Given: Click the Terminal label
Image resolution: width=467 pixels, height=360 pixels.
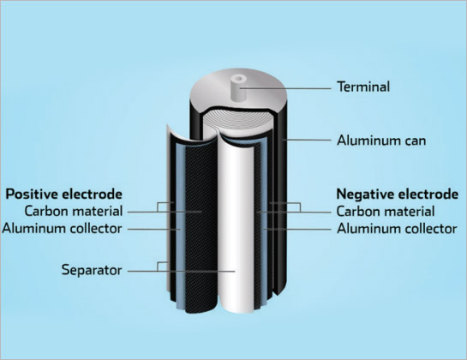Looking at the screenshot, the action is [363, 87].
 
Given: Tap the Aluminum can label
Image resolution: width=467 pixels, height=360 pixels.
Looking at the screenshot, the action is [381, 141].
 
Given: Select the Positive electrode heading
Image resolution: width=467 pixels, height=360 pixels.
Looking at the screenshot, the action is [63, 194].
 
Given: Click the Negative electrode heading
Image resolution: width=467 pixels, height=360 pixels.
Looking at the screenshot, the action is [398, 194].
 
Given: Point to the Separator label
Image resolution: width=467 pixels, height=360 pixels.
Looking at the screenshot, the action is [92, 270].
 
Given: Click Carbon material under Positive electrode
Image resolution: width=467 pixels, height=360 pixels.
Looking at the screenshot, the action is [74, 211].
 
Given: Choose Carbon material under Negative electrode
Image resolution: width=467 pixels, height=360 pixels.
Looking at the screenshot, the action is [386, 212].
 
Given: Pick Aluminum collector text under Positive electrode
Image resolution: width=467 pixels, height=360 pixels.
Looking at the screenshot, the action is [62, 229].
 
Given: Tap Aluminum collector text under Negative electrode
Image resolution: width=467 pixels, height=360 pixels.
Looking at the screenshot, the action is [397, 229].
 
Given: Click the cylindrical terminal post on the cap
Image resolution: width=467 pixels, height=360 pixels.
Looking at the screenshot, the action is [239, 88].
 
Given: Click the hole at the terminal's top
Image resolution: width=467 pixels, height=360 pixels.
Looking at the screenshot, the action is [239, 79].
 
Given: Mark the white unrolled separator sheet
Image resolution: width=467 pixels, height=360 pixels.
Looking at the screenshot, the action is [236, 226].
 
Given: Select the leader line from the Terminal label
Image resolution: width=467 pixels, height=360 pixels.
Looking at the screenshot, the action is [286, 88].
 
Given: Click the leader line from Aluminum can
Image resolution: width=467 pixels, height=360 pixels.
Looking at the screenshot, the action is [307, 140].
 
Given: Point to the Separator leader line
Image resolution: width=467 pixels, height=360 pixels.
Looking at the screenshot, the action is [182, 271].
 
